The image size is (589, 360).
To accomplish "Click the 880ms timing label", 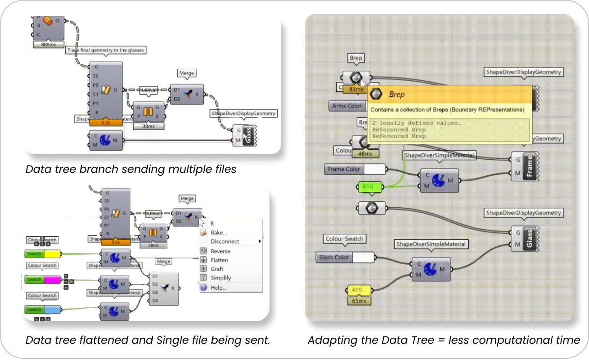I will pos(49,44).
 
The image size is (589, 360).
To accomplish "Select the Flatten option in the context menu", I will pos(219,260).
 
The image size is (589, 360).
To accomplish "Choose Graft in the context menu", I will pos(216,269).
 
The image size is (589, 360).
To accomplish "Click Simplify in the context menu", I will pos(220,278).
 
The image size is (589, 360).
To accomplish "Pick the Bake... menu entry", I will pos(218,232).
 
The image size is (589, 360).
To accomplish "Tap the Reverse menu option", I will pos(220,251).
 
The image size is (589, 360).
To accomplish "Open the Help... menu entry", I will pos(218,287).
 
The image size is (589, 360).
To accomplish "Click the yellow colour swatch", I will pos(52,254).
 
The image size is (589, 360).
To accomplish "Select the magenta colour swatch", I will pos(52,279).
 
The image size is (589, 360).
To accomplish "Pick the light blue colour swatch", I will pos(52,309).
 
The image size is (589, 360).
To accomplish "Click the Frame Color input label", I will pos(344,169).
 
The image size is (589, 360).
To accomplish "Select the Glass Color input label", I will pos(335,257).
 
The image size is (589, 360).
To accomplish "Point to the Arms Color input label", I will pos(347,106).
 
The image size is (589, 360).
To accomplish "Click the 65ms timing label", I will pos(359,301).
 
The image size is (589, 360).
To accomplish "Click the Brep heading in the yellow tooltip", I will pos(397,94).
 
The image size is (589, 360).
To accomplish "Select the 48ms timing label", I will pos(365,153).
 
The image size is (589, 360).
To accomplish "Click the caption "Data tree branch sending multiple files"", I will pos(131,169).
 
